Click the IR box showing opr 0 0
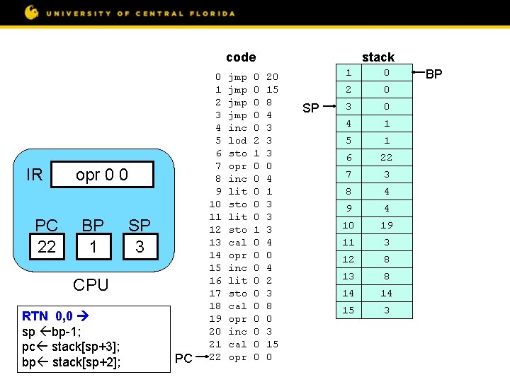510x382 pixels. coord(103,175)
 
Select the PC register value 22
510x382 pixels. coord(47,247)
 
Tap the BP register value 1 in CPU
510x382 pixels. coord(93,247)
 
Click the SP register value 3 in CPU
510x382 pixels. coord(139,247)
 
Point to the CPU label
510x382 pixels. coord(91,284)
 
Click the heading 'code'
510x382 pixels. coord(241,57)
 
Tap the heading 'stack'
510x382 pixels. coord(378,57)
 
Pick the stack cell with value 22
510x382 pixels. coord(386,158)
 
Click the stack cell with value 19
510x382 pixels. coord(386,226)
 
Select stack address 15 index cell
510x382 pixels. coord(347,311)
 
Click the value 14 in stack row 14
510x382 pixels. coord(386,294)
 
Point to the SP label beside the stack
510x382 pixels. coord(310,108)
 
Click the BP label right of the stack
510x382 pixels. coord(433,73)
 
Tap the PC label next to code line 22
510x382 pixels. coord(183,359)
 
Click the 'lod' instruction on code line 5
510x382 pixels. coord(237,141)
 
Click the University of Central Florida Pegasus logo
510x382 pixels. coord(32,12)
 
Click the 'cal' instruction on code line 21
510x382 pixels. coord(237,345)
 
